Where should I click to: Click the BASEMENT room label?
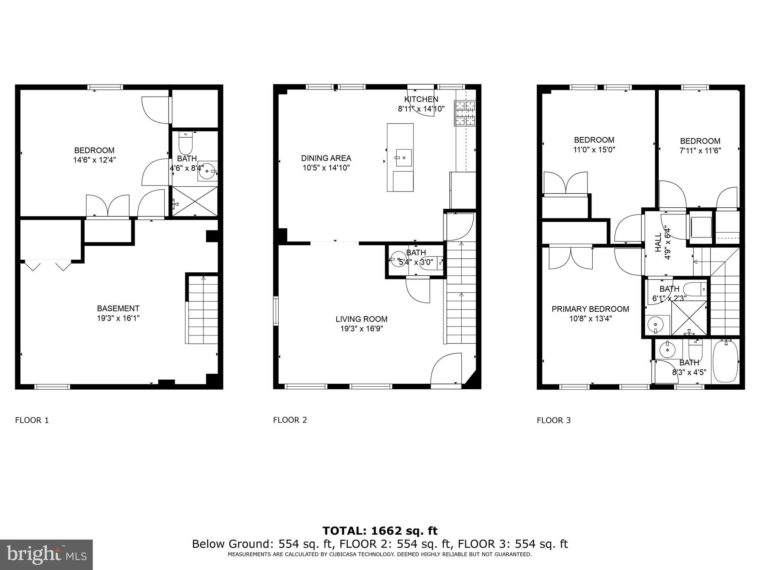pyautogui.click(x=118, y=308)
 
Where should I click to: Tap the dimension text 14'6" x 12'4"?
pyautogui.click(x=94, y=160)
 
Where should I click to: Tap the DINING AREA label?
pyautogui.click(x=326, y=158)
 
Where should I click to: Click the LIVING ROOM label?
pyautogui.click(x=361, y=319)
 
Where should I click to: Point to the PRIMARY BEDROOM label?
pyautogui.click(x=590, y=309)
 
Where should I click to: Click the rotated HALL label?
pyautogui.click(x=658, y=242)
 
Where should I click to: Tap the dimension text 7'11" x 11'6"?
pyautogui.click(x=700, y=151)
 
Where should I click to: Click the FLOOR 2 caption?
pyautogui.click(x=290, y=420)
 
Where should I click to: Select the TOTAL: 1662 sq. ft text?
pyautogui.click(x=380, y=531)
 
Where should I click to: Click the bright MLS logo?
pyautogui.click(x=46, y=554)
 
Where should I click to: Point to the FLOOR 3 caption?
pyautogui.click(x=553, y=420)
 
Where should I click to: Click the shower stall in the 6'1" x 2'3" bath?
pyautogui.click(x=689, y=317)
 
